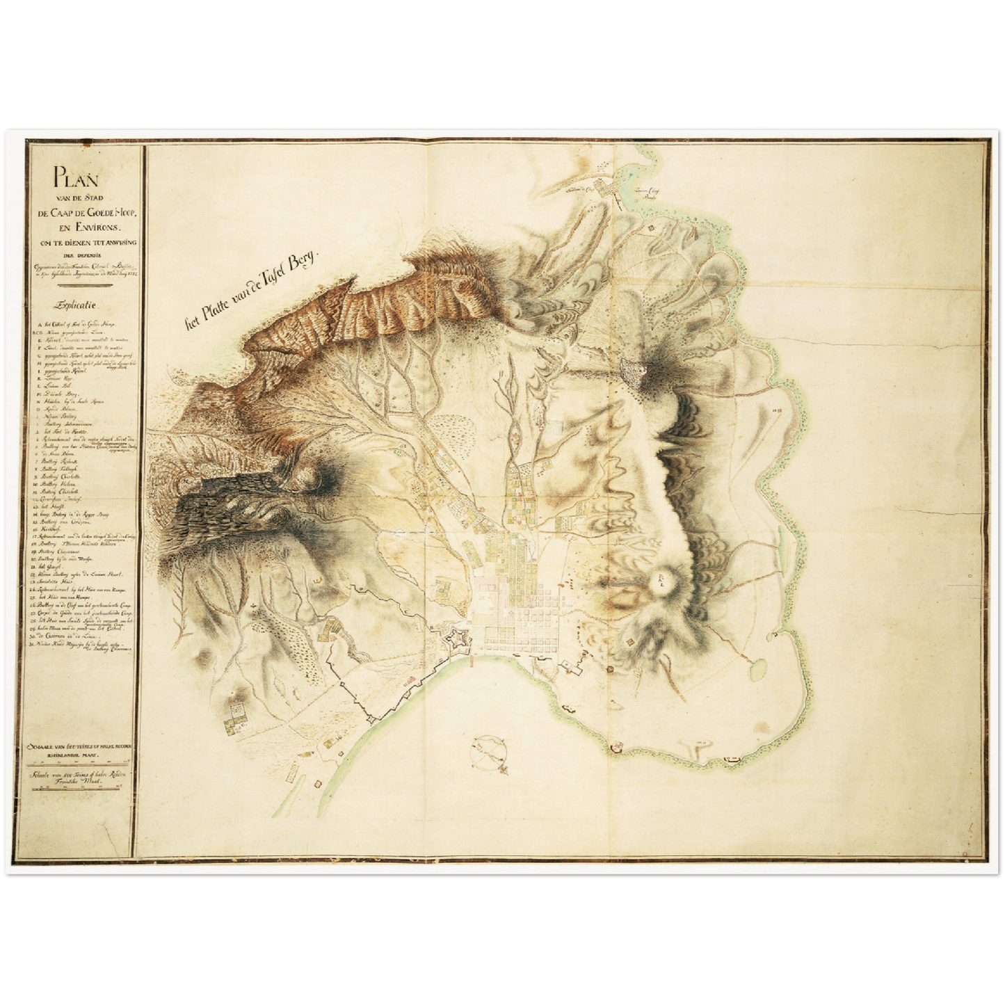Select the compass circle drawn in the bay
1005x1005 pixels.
pyautogui.click(x=490, y=750)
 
